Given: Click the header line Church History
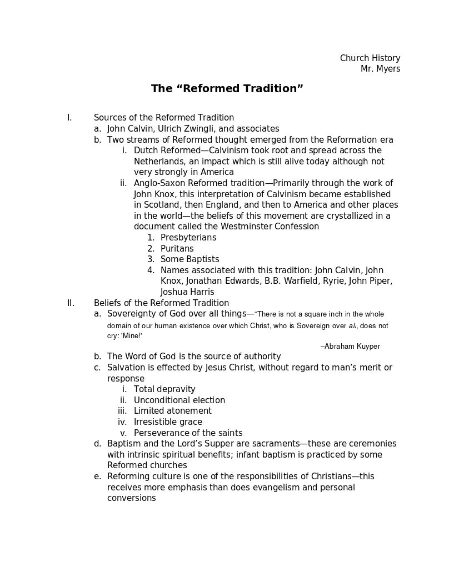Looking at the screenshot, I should click(370, 58).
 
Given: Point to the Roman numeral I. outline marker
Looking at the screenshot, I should click(69, 118).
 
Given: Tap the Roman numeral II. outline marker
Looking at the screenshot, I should click(71, 303).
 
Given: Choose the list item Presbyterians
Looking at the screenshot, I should click(188, 238).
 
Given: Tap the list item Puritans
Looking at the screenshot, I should click(177, 249).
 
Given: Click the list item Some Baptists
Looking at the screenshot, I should click(189, 259).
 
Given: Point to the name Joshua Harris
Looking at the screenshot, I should click(187, 292).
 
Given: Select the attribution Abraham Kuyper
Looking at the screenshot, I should click(352, 347).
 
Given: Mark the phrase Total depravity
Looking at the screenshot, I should click(164, 389).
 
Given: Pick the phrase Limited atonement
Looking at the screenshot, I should click(172, 411).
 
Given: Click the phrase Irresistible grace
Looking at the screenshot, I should click(168, 422).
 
